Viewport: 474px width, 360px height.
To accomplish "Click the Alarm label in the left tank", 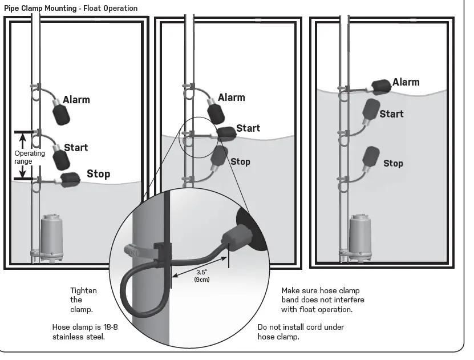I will tap(76, 100).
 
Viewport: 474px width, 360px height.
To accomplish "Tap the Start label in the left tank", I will tap(76, 148).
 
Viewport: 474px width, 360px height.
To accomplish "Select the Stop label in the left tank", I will tap(98, 173).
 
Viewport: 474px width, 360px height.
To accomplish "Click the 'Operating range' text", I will tap(30, 157).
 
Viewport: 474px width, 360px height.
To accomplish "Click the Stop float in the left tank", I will tap(70, 179).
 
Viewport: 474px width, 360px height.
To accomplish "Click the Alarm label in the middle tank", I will tap(231, 98).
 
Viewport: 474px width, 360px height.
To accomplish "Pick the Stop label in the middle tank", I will tap(240, 162).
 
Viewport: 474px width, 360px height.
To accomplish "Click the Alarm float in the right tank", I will tap(381, 86).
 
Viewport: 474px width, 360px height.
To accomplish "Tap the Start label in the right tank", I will tap(391, 114).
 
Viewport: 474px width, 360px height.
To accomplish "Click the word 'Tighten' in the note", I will tap(83, 290).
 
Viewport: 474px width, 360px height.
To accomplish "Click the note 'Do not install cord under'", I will tap(301, 327).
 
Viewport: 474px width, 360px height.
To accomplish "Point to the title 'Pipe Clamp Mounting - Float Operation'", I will tap(71, 9).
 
